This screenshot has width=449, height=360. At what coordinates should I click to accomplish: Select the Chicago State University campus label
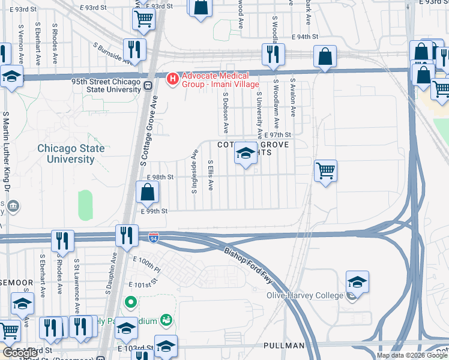click(x=71, y=154)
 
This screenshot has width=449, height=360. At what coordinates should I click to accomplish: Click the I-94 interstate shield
click(x=154, y=238)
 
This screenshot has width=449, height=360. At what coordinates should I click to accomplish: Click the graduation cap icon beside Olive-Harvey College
click(x=357, y=282)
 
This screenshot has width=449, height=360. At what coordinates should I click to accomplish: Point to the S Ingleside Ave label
click(x=194, y=172)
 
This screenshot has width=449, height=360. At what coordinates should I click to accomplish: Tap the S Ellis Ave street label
click(x=211, y=175)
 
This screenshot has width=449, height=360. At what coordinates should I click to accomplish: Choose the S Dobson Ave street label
click(x=226, y=112)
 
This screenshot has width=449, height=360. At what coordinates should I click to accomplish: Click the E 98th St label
click(x=160, y=178)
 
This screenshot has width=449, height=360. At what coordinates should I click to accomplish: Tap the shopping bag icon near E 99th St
click(x=147, y=193)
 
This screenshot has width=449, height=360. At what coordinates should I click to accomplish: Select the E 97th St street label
click(x=280, y=135)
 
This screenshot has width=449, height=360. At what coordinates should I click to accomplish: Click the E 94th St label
click(x=307, y=37)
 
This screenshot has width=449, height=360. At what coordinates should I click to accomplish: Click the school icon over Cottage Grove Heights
click(x=245, y=154)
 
